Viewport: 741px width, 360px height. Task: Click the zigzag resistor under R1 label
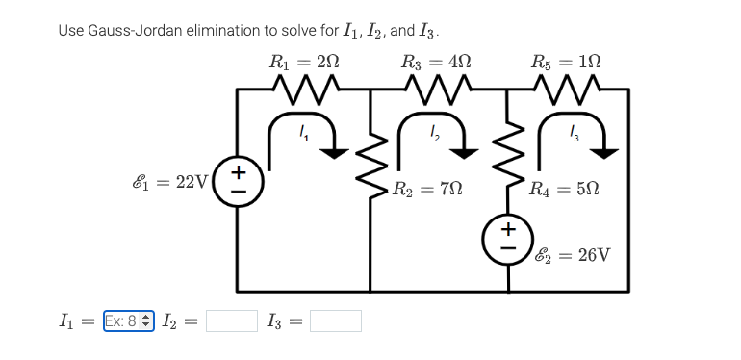(x=304, y=92)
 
